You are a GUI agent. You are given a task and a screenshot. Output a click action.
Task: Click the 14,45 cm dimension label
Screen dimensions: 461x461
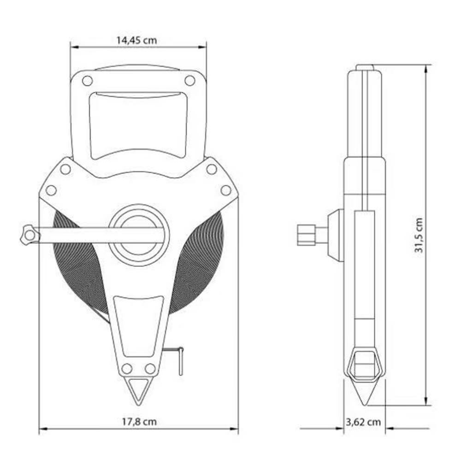click(x=137, y=40)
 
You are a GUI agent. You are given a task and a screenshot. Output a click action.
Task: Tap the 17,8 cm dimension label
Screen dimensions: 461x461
click(x=139, y=422)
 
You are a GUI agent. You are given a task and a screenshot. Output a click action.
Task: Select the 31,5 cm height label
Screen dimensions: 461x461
click(x=419, y=235)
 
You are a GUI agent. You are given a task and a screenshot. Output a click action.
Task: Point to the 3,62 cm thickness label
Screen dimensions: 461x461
click(x=363, y=422)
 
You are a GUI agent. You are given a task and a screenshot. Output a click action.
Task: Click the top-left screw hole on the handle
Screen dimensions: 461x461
click(x=87, y=81)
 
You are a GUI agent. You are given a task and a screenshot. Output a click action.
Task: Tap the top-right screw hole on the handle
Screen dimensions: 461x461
click(x=189, y=80)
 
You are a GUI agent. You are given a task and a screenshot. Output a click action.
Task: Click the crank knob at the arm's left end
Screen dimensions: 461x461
click(x=30, y=235)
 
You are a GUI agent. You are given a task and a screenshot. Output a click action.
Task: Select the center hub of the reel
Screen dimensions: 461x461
click(x=139, y=235)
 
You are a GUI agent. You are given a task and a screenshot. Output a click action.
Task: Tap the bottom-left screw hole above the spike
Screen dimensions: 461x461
click(x=127, y=368)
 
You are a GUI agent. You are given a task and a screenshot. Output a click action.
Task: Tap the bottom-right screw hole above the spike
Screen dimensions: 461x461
click(x=150, y=368)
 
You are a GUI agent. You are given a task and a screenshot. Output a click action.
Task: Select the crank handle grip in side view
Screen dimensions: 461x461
click(x=306, y=235)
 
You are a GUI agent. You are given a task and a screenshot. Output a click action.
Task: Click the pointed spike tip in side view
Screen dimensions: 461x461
click(x=365, y=404)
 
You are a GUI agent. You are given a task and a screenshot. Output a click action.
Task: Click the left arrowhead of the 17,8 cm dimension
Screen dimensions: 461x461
click(x=43, y=429)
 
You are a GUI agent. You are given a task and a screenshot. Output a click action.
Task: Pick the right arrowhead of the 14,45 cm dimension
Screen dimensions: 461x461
click(x=202, y=47)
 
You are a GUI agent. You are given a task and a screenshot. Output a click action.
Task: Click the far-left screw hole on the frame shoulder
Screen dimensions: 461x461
click(x=51, y=190)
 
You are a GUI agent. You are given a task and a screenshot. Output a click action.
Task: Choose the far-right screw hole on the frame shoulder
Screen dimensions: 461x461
click(x=226, y=190)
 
